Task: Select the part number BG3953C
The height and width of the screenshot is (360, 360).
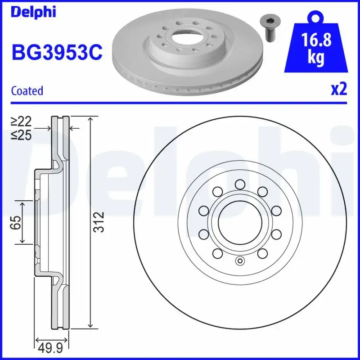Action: coord(57,53)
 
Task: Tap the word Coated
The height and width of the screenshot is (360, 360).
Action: coord(27,91)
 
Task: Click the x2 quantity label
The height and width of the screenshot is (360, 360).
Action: coord(339,90)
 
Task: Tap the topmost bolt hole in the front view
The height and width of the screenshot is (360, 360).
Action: coord(239,184)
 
